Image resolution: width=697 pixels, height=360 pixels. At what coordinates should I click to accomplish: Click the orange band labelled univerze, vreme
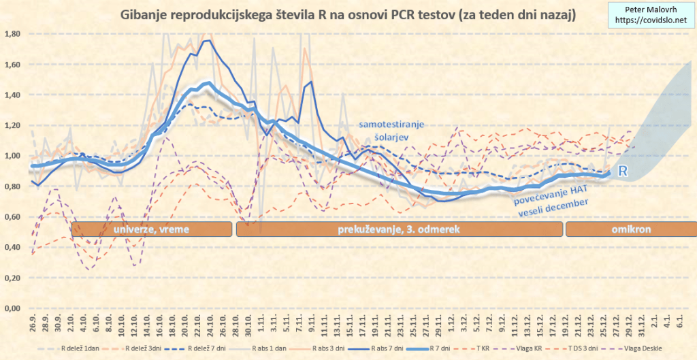point(151,229)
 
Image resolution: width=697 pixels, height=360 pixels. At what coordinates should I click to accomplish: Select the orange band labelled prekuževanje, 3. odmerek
point(398,229)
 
